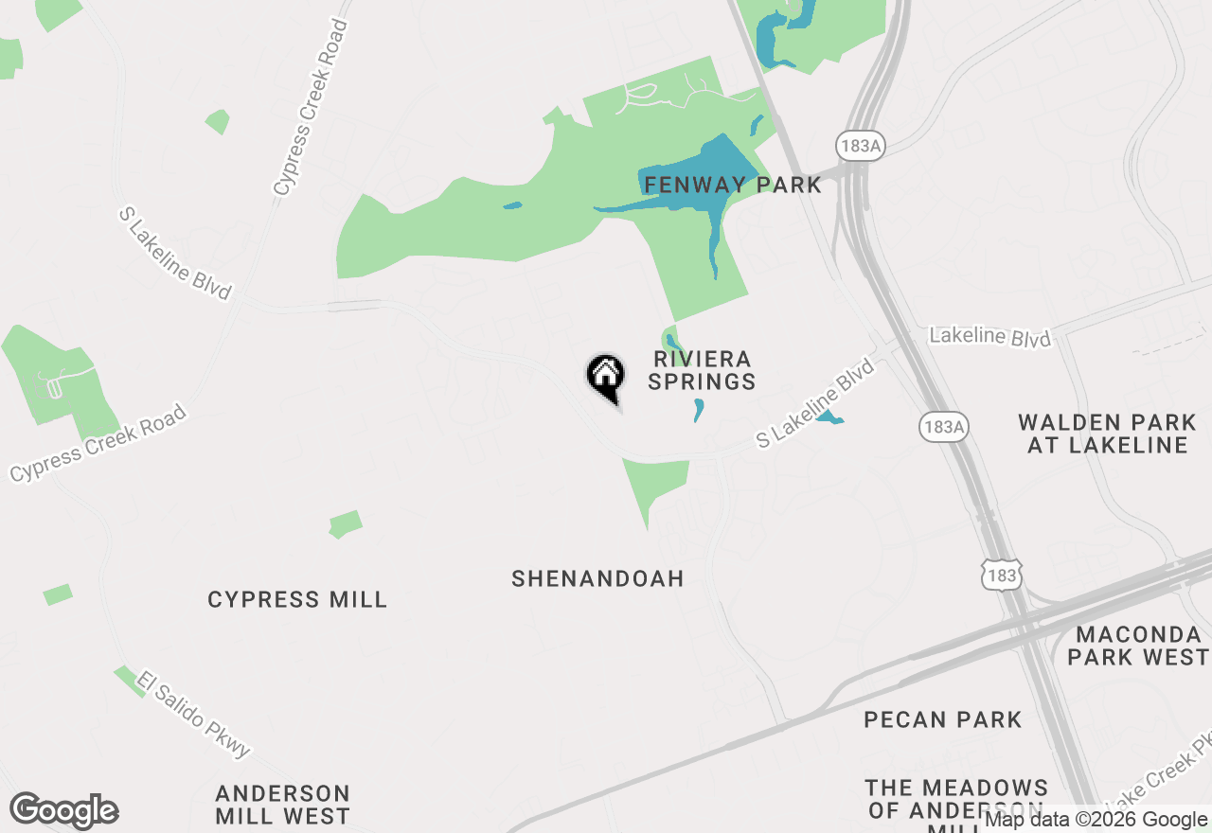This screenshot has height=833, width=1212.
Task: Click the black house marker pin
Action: tap(606, 377)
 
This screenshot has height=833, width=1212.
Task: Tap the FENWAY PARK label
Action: tap(732, 185)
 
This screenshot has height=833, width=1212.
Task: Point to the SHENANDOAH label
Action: tap(597, 578)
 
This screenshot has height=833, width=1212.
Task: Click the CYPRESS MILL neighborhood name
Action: tap(297, 599)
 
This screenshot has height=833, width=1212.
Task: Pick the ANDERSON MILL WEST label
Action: tap(282, 804)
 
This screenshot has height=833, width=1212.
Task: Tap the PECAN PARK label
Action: tap(943, 719)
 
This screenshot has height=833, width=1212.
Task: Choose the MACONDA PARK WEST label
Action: tap(1138, 645)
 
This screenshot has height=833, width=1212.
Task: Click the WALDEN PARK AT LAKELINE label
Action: tap(1107, 434)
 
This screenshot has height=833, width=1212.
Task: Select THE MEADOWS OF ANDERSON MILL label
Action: tap(956, 799)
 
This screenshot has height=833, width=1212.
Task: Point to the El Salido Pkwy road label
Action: tap(193, 714)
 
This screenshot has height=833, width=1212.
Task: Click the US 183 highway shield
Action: tap(1002, 575)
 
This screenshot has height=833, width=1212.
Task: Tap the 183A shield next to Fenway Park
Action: tap(860, 145)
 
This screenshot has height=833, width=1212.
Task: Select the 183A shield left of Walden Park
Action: tap(943, 427)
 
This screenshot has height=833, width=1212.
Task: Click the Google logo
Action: tap(63, 810)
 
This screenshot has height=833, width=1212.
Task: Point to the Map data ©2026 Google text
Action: tap(1096, 820)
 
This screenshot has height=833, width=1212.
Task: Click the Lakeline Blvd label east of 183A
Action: tap(989, 337)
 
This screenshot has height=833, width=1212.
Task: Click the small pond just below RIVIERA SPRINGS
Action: tap(699, 409)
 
